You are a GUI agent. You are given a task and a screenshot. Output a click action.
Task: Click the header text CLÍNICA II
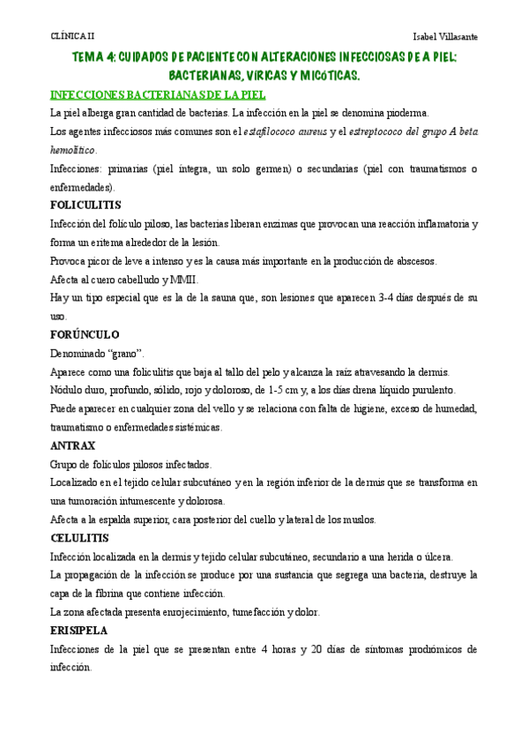tap(71, 36)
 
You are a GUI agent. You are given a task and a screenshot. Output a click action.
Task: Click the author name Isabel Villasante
tap(445, 36)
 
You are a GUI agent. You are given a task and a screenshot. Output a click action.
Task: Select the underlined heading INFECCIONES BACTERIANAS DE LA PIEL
tap(159, 94)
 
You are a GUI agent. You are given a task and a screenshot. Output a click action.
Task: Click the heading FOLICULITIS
tap(86, 205)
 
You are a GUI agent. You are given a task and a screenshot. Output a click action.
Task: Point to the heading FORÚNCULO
tap(85, 334)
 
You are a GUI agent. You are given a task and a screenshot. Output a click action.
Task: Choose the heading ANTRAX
tap(72, 445)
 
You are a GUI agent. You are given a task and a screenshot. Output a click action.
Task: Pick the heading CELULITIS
tap(79, 537)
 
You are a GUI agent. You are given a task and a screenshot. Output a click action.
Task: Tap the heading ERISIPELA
tap(80, 631)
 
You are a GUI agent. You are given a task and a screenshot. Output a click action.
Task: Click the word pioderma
tap(405, 113)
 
